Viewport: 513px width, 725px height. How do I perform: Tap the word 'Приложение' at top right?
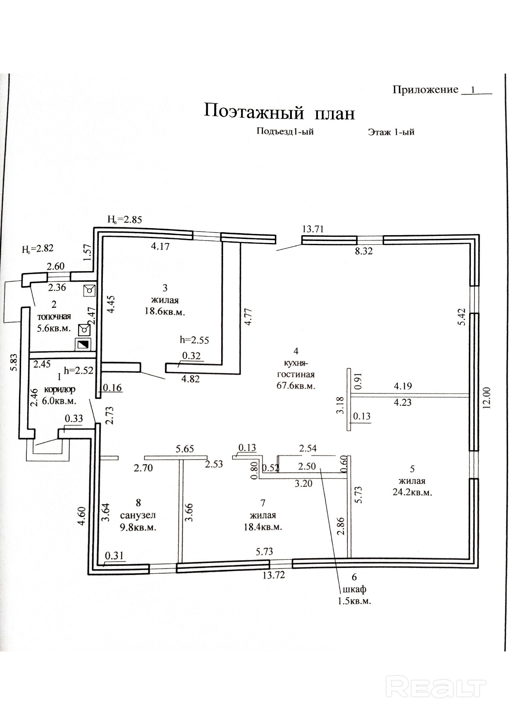point(425,90)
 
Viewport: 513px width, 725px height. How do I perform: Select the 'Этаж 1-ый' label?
point(391,132)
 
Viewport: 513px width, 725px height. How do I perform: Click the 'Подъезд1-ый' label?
point(285,131)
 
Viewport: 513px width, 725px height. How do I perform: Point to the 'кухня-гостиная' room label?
point(296,369)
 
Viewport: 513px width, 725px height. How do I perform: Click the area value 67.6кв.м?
point(296,386)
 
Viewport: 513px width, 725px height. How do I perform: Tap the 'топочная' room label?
point(54,317)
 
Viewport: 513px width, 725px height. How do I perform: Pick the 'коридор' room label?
point(60,389)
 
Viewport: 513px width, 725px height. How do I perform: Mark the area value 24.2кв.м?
point(412,492)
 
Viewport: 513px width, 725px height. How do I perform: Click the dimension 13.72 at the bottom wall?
point(274,575)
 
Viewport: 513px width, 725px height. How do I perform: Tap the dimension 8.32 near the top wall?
point(364,251)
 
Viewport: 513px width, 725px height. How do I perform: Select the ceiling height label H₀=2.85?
point(124,219)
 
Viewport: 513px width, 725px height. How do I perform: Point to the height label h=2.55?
point(194,340)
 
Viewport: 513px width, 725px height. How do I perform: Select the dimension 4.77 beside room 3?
point(248,317)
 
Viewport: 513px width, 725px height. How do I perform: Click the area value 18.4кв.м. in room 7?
point(262,527)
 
